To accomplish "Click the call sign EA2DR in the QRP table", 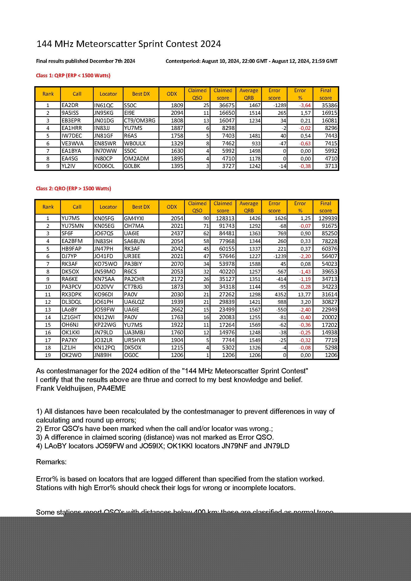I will (70, 105).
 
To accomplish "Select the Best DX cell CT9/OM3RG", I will (139, 120).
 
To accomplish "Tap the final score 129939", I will (326, 218).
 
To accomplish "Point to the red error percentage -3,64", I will (305, 105).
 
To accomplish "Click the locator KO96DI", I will (104, 295).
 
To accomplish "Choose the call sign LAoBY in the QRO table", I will (69, 310).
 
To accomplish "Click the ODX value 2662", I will (177, 310).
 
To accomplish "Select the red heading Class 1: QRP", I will (73, 76).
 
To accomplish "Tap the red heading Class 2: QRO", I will (73, 189).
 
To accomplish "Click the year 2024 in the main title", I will (210, 44).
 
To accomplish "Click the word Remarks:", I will (51, 462).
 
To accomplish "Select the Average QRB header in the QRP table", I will (248, 94).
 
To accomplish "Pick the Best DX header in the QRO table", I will (141, 207).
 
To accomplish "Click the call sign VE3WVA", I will (72, 144).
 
